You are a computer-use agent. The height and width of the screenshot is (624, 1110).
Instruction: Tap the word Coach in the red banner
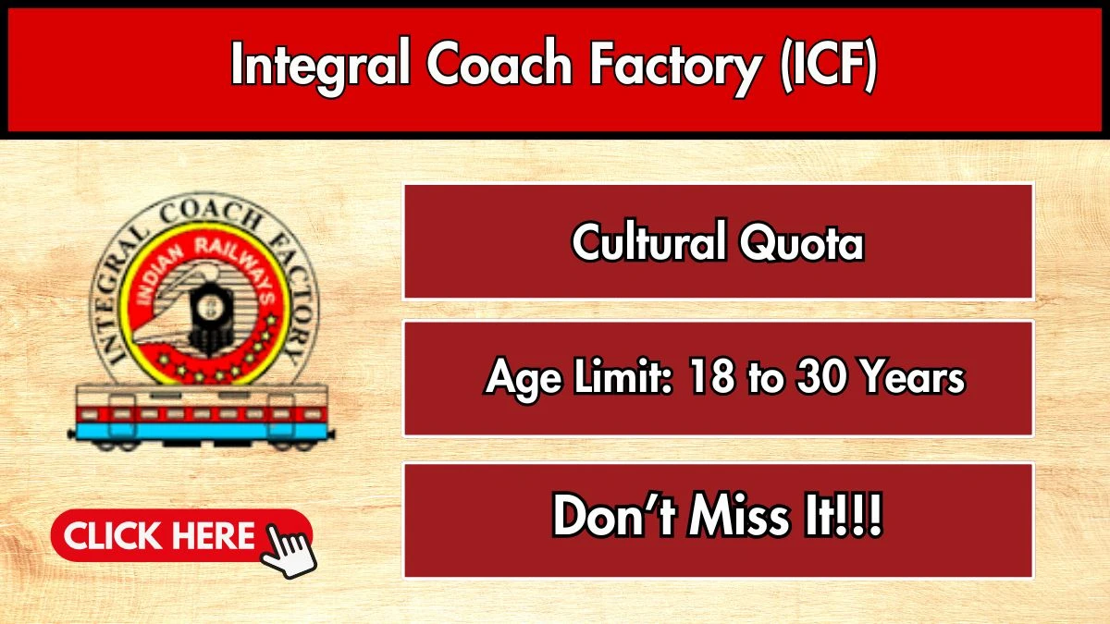pyautogui.click(x=499, y=63)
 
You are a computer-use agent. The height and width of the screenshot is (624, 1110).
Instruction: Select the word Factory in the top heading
pyautogui.click(x=674, y=67)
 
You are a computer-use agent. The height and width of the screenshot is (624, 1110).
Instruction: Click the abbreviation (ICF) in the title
pyautogui.click(x=829, y=65)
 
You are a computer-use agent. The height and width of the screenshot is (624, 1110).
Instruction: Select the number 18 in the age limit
pyautogui.click(x=710, y=377)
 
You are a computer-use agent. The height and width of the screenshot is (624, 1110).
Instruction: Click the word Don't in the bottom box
pyautogui.click(x=614, y=515)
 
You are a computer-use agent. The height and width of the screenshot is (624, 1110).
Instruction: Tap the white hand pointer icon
pyautogui.click(x=289, y=551)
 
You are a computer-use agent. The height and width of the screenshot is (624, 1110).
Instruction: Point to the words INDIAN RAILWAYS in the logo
pyautogui.click(x=203, y=263)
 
